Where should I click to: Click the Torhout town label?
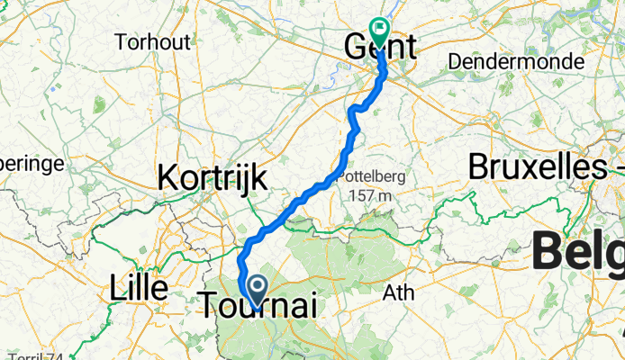(152, 41)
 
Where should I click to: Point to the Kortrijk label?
(213, 177)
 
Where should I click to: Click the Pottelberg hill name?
(369, 177)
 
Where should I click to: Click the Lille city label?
(138, 289)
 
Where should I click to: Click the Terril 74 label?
(36, 355)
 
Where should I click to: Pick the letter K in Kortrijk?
(168, 177)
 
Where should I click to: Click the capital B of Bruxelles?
(480, 168)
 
